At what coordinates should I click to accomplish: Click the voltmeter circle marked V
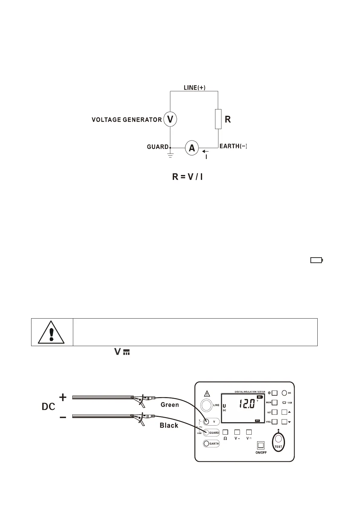(x=170, y=119)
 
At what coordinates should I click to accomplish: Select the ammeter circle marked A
(x=192, y=148)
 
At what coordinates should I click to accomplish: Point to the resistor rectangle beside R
(x=218, y=119)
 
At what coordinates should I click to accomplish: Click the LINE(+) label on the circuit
(x=195, y=88)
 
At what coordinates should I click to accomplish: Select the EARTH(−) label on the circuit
(x=233, y=146)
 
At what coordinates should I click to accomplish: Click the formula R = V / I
(x=187, y=177)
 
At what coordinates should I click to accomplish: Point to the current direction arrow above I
(x=205, y=151)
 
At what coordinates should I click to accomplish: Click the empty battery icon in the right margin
(x=316, y=260)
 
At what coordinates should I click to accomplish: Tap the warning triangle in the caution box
(x=51, y=332)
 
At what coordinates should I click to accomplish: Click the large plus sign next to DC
(x=63, y=397)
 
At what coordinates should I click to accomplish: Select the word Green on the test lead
(x=170, y=405)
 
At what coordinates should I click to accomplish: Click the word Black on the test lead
(x=169, y=426)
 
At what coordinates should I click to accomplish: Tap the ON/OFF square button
(x=260, y=445)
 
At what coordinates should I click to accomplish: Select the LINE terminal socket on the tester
(x=206, y=405)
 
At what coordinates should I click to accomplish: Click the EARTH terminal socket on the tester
(x=207, y=444)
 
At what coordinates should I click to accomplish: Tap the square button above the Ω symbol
(x=225, y=432)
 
